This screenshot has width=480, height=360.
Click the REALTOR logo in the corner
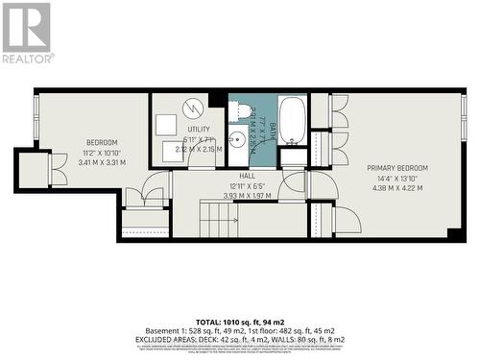click(x=26, y=33)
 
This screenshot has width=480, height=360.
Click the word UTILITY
click(x=199, y=129)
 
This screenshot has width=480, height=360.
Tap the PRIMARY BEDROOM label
click(x=396, y=168)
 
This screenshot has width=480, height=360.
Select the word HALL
click(x=221, y=176)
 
